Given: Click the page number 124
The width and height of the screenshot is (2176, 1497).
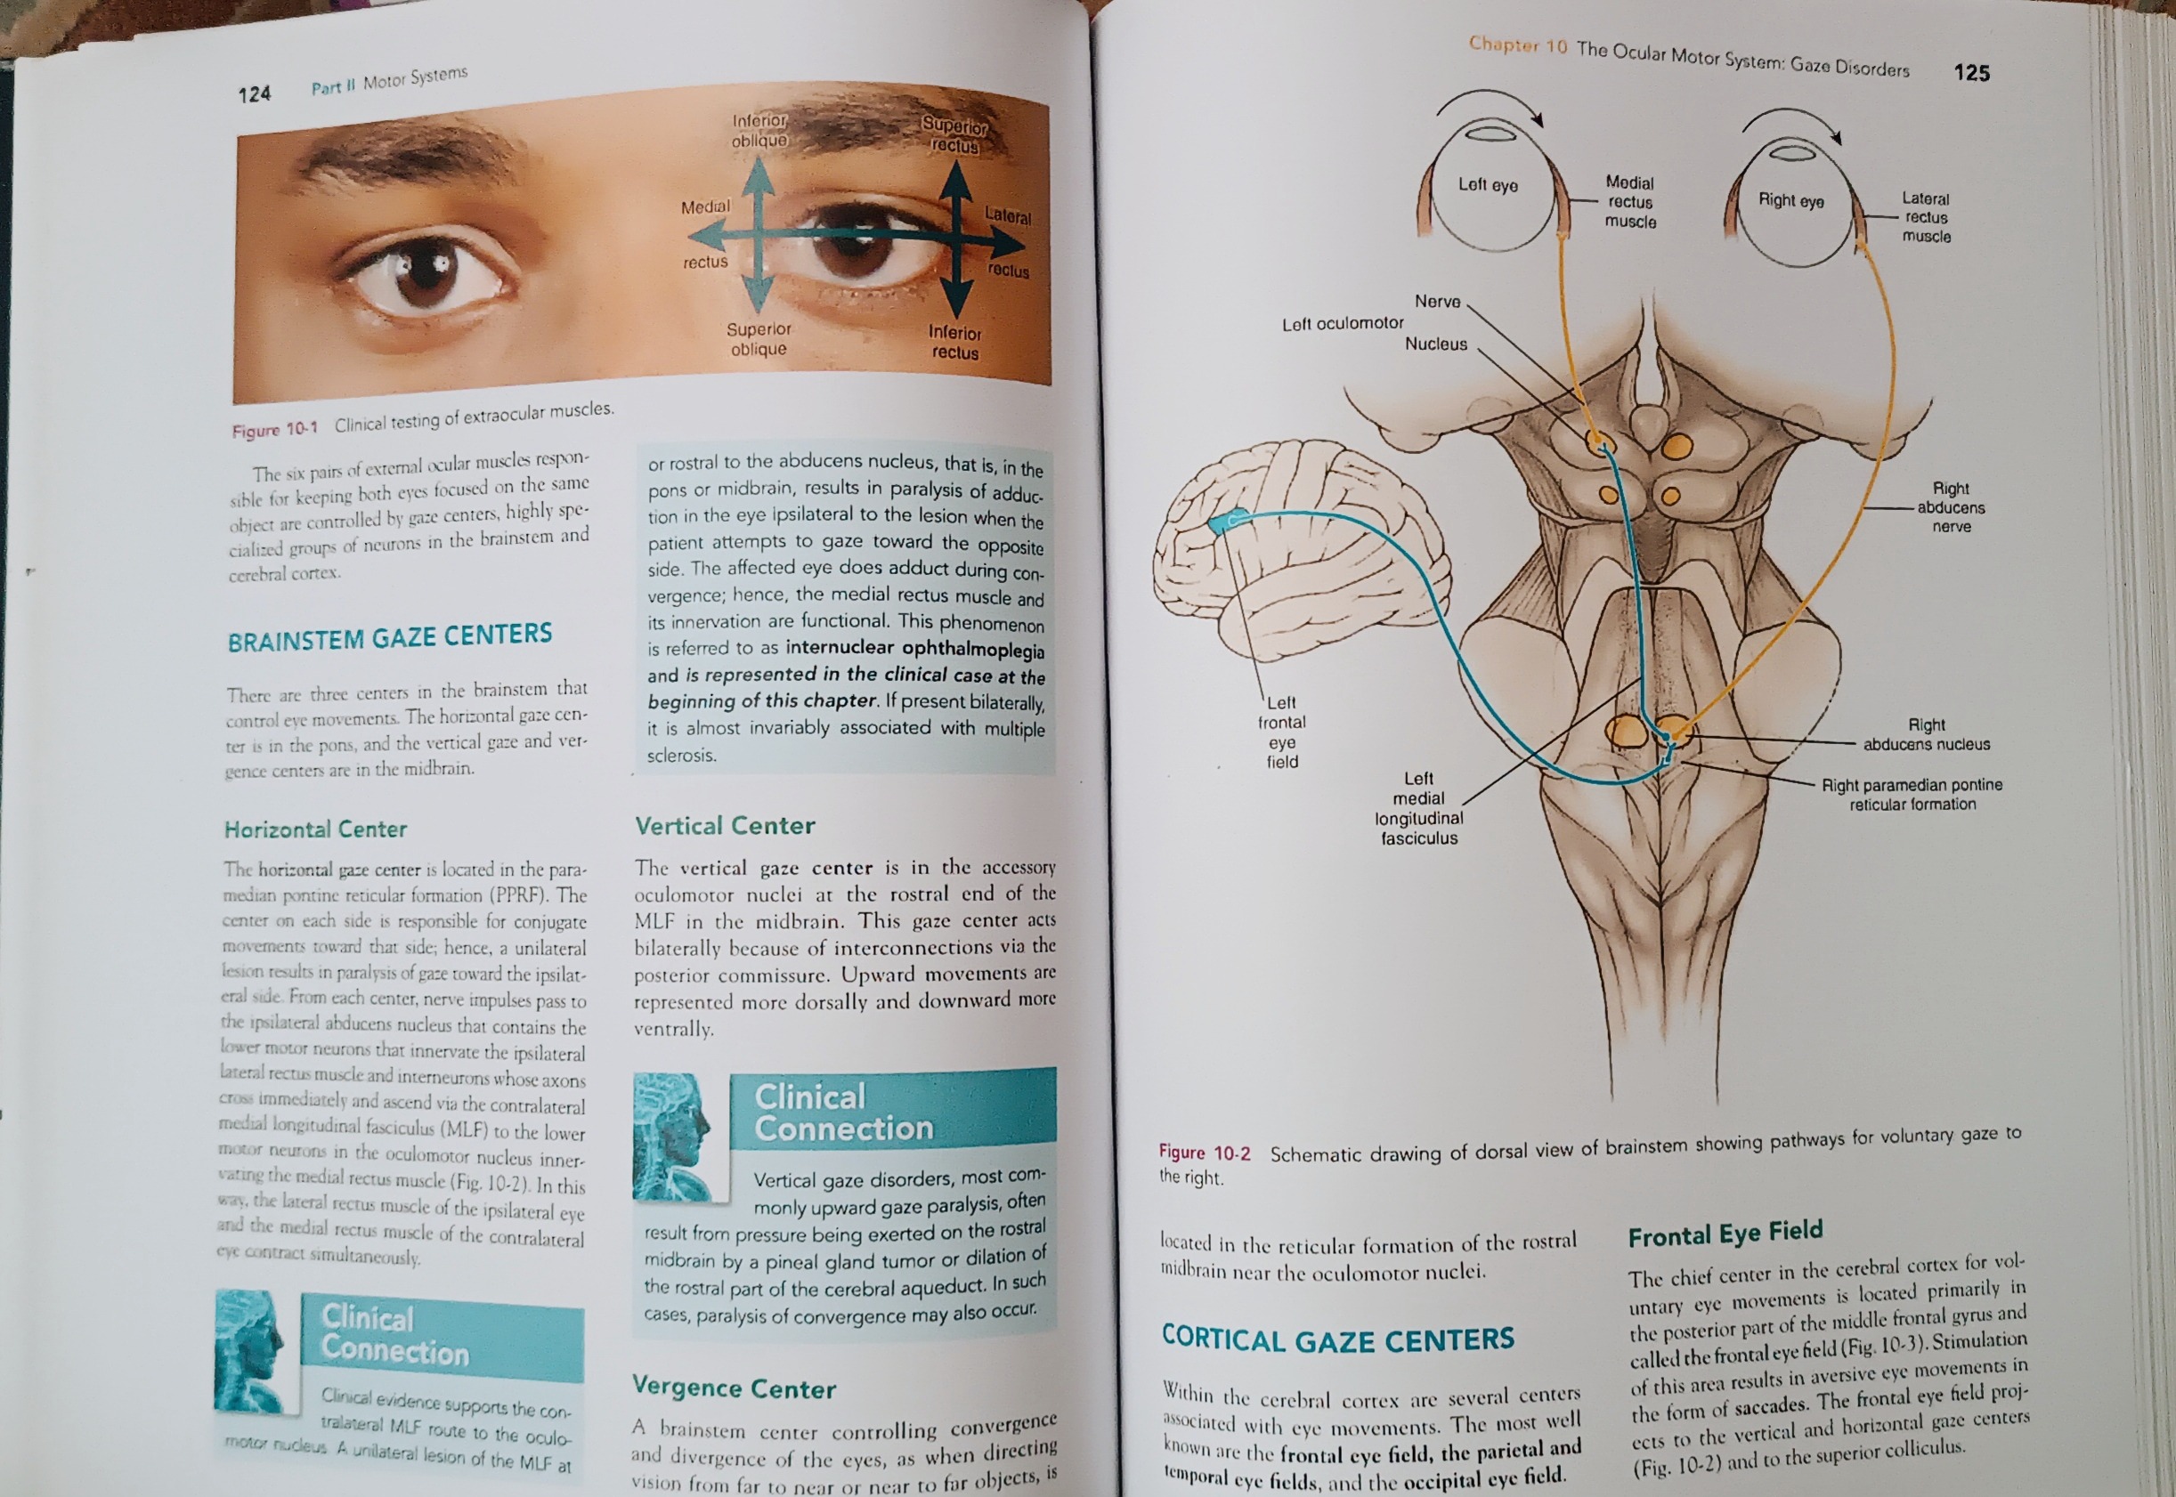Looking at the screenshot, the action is tap(255, 93).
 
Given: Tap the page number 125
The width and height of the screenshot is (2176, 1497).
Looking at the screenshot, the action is tap(1971, 72).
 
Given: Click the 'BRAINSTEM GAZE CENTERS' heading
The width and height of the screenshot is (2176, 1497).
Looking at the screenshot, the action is tap(389, 637).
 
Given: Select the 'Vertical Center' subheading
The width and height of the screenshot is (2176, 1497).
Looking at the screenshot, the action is tap(725, 825).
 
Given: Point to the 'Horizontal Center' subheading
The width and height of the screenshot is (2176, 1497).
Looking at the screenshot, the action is tap(315, 829).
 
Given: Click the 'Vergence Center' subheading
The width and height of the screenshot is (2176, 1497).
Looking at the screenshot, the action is tap(734, 1388).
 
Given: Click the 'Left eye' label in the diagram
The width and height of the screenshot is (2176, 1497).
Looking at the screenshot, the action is tap(1487, 185).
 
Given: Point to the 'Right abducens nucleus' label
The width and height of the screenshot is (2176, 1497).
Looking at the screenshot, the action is tap(1927, 734).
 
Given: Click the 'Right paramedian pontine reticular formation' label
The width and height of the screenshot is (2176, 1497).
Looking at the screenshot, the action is tap(1912, 795).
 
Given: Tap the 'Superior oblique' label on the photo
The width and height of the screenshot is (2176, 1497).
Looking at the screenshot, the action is tap(759, 338).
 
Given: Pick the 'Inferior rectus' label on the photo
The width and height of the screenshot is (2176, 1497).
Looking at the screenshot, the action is tap(955, 343).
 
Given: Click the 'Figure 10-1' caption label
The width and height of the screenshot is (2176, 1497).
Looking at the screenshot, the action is tap(275, 430).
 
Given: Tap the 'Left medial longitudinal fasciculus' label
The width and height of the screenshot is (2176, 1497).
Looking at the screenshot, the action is tap(1419, 807).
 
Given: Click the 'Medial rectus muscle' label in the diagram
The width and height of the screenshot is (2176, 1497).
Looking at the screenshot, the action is tap(1630, 202).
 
